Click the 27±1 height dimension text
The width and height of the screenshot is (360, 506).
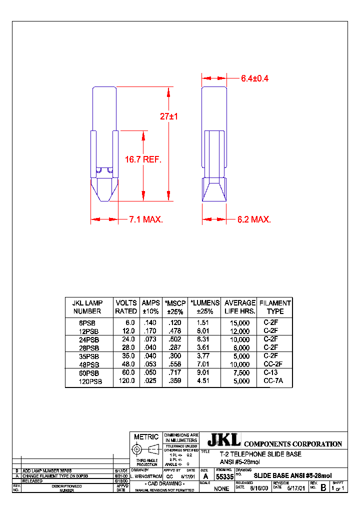pos(169,116)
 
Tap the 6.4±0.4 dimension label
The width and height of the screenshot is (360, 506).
pos(254,78)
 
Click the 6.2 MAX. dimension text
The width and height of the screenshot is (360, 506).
pos(254,219)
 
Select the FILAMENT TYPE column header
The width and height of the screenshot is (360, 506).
pos(275,307)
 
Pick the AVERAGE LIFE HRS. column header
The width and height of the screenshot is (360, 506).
pos(240,307)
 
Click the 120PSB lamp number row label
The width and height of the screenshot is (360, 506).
pos(90,381)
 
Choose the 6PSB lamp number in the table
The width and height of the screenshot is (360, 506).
pos(90,323)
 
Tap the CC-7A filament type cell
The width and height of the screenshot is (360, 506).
pos(273,381)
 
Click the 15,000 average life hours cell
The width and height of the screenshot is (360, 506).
pos(240,323)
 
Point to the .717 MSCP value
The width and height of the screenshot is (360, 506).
pos(174,373)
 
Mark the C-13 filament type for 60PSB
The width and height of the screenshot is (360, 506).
pos(270,373)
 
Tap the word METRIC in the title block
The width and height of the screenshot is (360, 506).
pos(146,437)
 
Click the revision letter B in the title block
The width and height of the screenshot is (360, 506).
pos(322,487)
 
